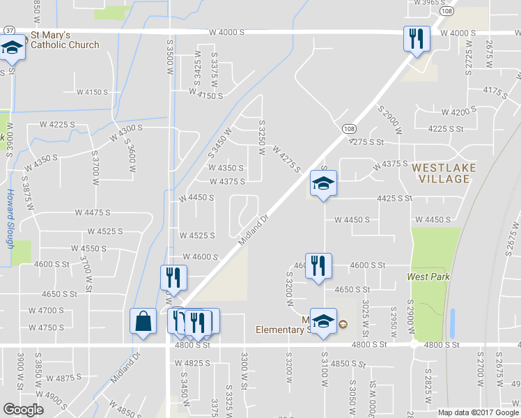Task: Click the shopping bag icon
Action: [143, 322]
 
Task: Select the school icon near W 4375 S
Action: [323, 184]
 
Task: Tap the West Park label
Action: [428, 277]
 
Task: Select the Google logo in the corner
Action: [23, 410]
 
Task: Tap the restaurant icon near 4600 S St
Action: [318, 265]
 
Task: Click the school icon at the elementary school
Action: [323, 322]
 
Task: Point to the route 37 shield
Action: [9, 31]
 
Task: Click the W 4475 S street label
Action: [93, 213]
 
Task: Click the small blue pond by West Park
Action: [454, 323]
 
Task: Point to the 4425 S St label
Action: [394, 198]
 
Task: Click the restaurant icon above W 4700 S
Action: [173, 278]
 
